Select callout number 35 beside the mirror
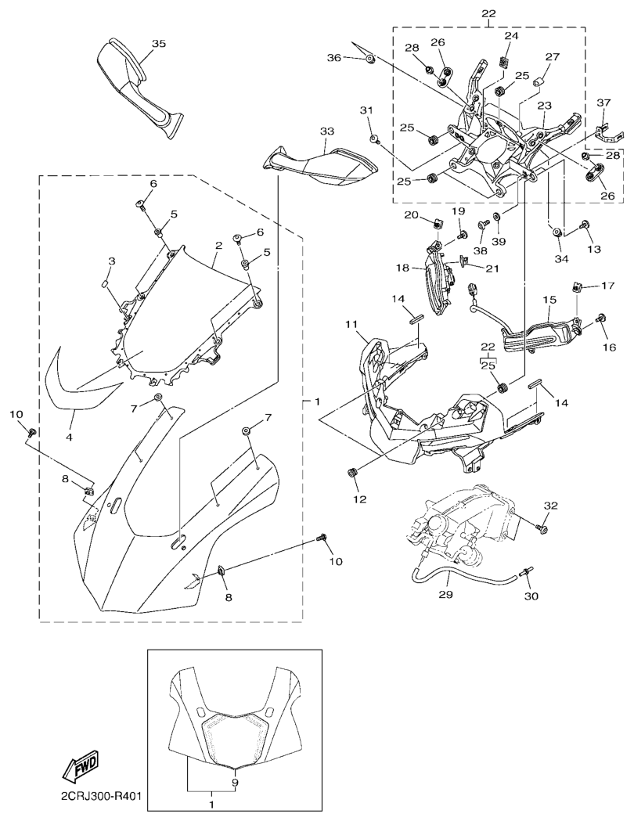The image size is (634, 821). [x=159, y=44]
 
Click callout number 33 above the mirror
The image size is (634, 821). [x=327, y=131]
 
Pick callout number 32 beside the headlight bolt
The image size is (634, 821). [x=551, y=506]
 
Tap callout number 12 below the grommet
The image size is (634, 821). [x=360, y=499]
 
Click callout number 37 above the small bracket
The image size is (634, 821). [x=603, y=103]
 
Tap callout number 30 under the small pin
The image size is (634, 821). [x=532, y=596]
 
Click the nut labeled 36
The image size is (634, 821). [x=369, y=59]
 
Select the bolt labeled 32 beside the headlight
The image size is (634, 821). [x=542, y=528]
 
